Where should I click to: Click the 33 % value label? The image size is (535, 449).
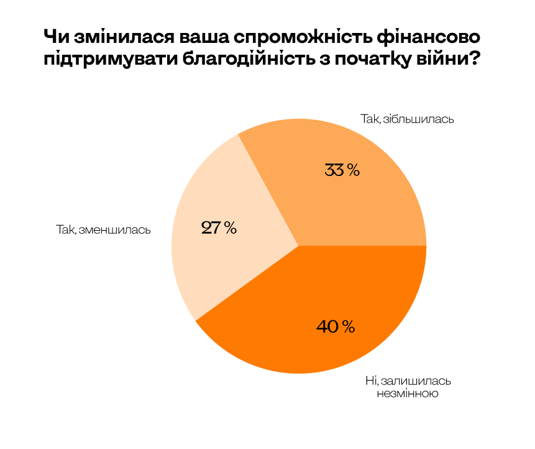(342, 170)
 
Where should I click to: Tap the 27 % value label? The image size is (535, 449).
(219, 228)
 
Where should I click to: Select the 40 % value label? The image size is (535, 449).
(335, 326)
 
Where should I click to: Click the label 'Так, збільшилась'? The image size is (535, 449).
(408, 118)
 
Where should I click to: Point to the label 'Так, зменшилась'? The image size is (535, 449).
(103, 229)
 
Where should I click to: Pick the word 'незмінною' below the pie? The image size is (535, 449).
(408, 394)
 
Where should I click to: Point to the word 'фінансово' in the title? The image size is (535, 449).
(429, 37)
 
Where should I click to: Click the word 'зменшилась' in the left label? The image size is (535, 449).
(116, 229)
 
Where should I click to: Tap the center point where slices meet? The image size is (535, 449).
(299, 246)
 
